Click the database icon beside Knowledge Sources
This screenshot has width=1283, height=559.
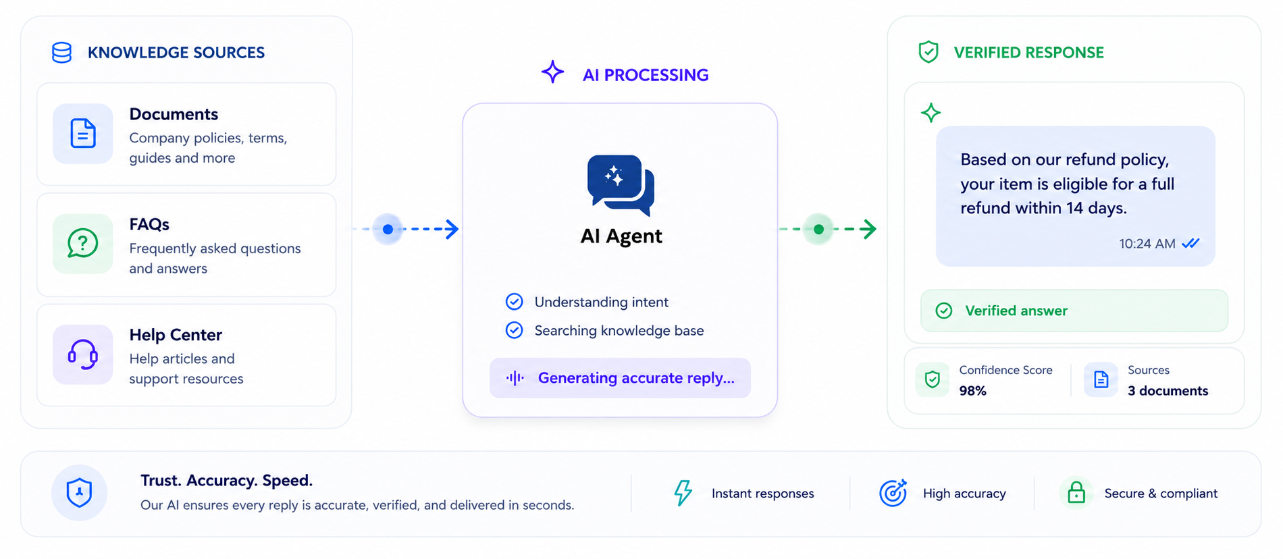tap(61, 53)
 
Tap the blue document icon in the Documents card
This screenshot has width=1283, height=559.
tap(83, 133)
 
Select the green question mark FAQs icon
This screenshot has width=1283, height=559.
tap(83, 244)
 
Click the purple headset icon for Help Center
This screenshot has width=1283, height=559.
tap(83, 354)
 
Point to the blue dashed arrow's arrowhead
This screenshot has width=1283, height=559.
tap(451, 229)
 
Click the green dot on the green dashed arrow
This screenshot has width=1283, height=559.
tap(818, 229)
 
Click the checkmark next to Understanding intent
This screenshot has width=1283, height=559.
tap(514, 301)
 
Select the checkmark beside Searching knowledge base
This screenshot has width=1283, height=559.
tap(514, 329)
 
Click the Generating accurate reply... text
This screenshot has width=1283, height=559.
tap(636, 378)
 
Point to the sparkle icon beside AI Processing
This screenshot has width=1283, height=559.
tap(552, 72)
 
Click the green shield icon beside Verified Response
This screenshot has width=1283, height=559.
tap(928, 52)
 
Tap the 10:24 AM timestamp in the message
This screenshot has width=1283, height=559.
tap(1147, 244)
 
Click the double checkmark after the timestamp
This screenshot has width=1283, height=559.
tap(1190, 243)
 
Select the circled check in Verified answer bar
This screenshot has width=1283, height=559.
tap(943, 311)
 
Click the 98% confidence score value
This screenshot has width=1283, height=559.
tap(972, 391)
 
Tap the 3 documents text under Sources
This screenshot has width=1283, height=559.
tap(1168, 391)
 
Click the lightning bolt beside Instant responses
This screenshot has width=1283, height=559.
tap(683, 493)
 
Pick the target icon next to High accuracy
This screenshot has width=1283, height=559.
tap(893, 493)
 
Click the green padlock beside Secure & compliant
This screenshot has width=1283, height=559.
tap(1076, 492)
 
